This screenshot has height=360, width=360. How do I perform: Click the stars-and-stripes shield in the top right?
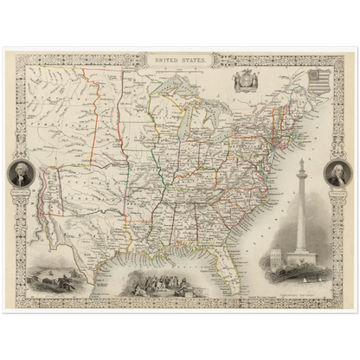click(318, 83)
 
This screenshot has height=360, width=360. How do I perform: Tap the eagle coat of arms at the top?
click(247, 80)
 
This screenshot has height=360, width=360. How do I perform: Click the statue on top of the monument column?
click(300, 163)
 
